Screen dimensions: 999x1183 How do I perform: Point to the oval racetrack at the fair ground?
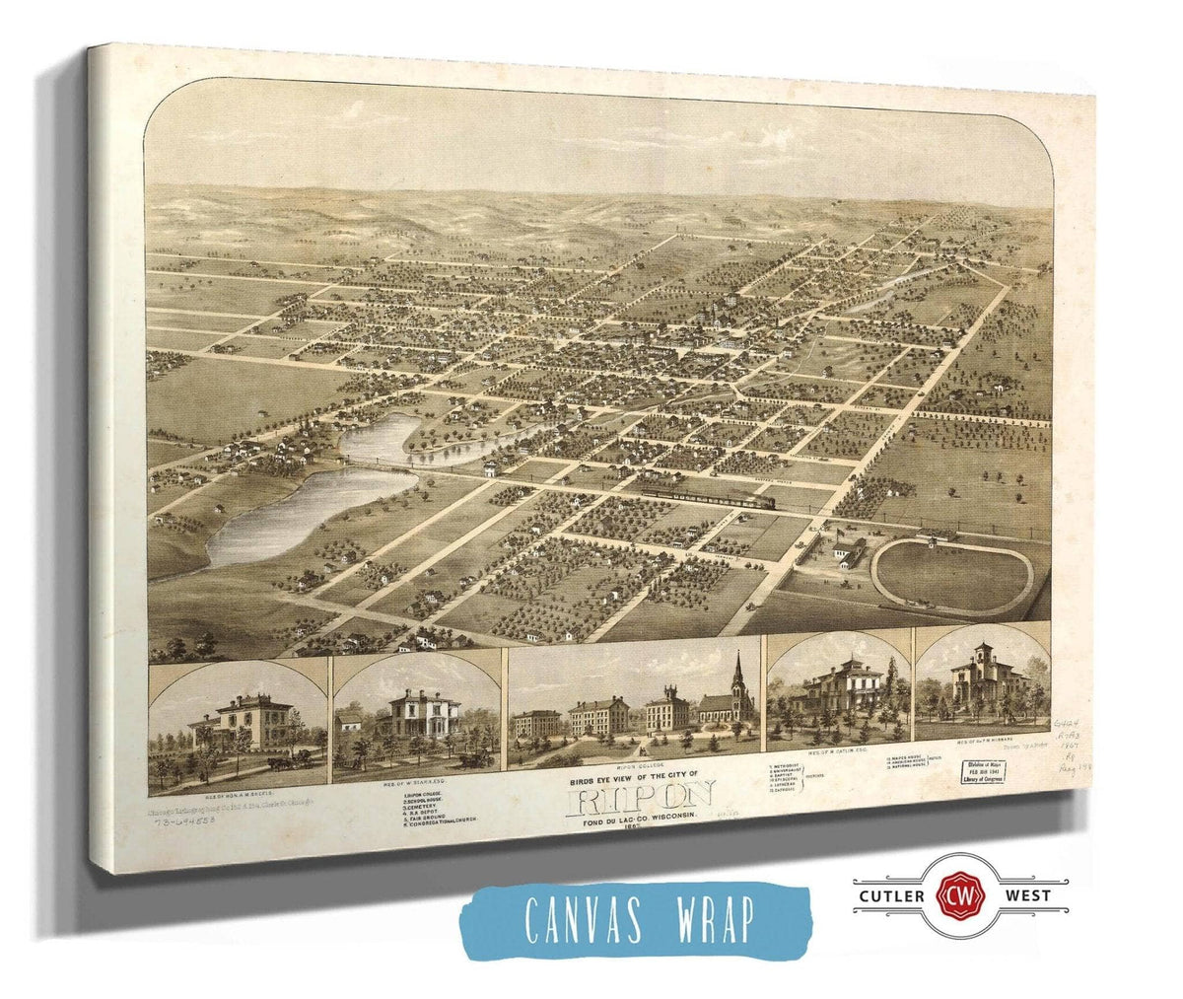coord(951,576)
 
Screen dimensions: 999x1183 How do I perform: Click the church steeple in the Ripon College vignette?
coord(737,673)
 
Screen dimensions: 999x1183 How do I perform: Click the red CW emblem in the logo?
coord(952,895)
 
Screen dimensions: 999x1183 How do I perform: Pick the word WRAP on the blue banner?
coord(707,919)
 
